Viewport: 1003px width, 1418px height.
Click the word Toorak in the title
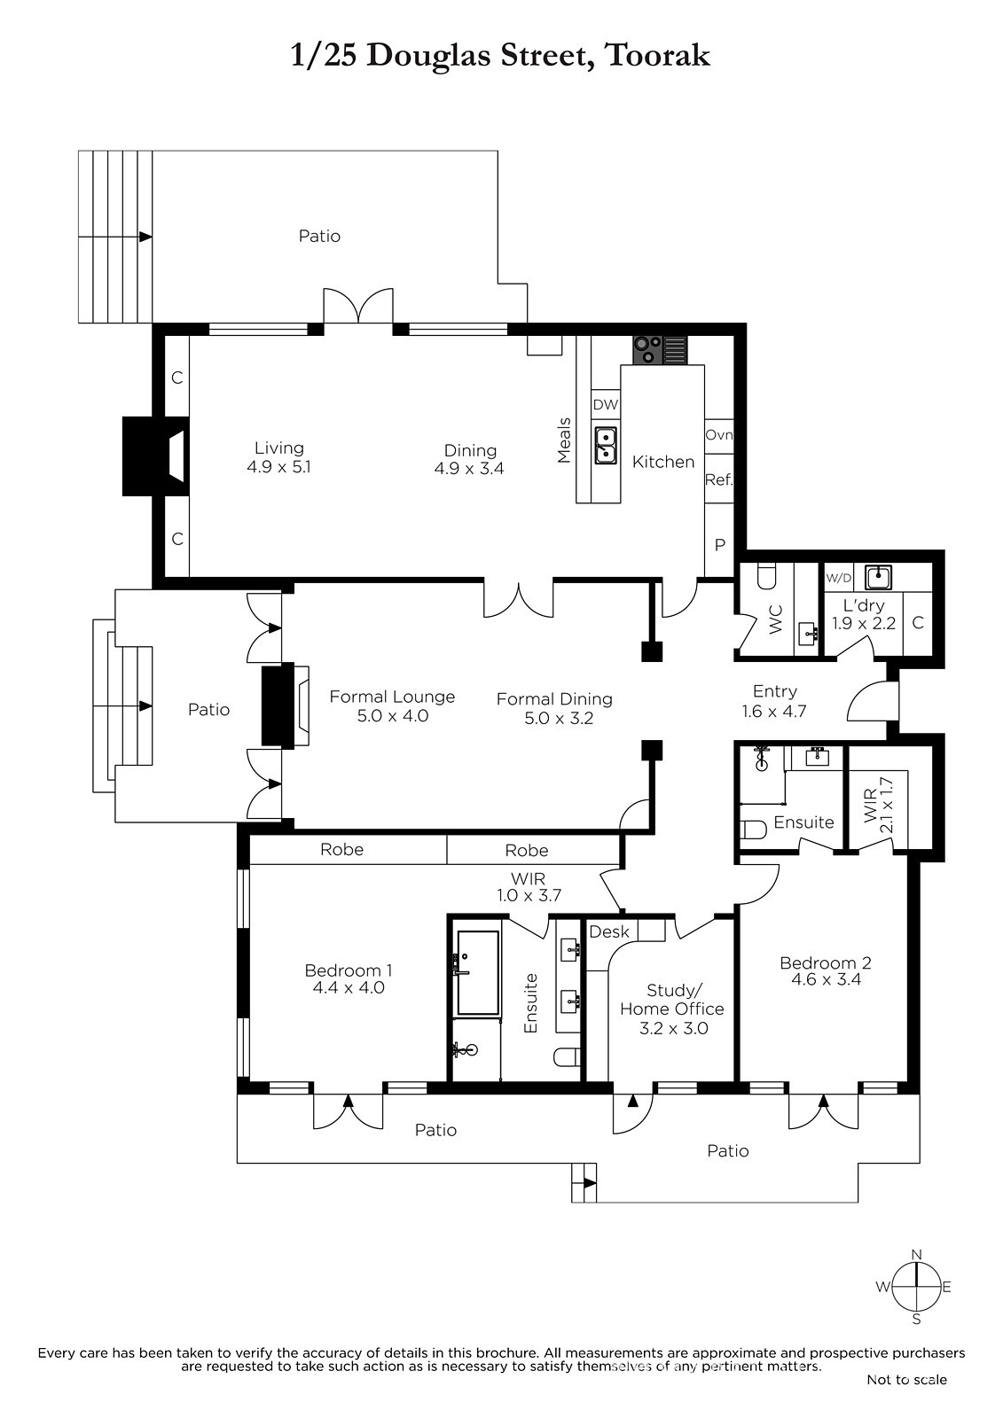click(658, 57)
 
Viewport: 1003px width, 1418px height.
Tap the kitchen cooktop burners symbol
click(646, 350)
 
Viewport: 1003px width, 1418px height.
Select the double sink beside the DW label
click(606, 444)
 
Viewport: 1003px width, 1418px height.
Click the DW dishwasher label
click(605, 405)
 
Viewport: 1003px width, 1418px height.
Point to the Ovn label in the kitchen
click(719, 435)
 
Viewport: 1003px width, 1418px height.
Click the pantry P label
click(720, 544)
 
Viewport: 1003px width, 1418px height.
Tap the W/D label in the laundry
click(839, 577)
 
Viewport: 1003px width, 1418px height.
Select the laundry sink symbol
click(879, 577)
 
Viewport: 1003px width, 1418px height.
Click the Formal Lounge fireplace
click(286, 705)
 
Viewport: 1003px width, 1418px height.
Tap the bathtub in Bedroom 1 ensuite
click(478, 972)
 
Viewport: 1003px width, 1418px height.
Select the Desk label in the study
click(609, 931)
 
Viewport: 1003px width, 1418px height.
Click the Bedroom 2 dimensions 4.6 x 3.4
click(826, 979)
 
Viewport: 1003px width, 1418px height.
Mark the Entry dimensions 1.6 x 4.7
click(774, 711)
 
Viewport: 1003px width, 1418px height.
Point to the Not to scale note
click(906, 1379)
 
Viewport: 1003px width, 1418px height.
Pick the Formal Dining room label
click(554, 699)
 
